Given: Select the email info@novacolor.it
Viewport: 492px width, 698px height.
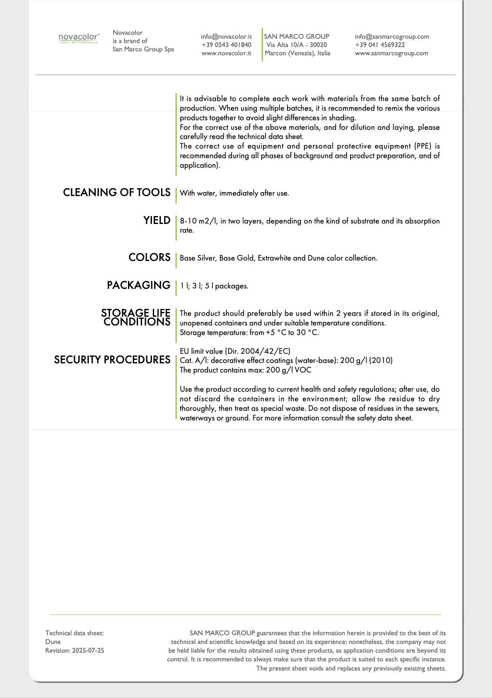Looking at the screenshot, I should click(226, 37).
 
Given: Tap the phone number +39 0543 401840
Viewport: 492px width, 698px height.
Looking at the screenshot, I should click(226, 45).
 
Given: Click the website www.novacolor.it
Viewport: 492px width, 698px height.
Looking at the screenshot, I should click(226, 53).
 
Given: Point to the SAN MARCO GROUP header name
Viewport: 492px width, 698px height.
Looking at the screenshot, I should click(297, 37).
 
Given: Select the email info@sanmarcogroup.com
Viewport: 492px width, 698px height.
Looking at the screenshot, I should click(392, 37).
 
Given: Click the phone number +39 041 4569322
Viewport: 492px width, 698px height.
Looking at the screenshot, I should click(380, 45).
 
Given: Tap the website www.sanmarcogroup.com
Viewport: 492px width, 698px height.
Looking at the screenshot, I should click(391, 53).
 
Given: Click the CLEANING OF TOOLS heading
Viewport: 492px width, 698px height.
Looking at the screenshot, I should click(117, 193).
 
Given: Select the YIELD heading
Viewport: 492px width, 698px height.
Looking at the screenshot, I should click(157, 220).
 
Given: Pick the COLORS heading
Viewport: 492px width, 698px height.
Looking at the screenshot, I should click(149, 258).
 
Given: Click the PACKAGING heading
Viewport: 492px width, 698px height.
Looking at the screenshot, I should click(138, 285).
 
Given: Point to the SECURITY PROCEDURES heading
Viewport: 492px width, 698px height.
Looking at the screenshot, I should click(112, 360).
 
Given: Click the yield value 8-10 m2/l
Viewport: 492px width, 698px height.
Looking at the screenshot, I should click(199, 221).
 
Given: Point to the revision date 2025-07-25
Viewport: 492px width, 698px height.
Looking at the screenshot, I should click(88, 651).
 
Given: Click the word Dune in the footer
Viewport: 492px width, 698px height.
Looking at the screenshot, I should click(53, 642).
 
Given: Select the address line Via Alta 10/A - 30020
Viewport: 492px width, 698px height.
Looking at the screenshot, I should click(297, 45).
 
